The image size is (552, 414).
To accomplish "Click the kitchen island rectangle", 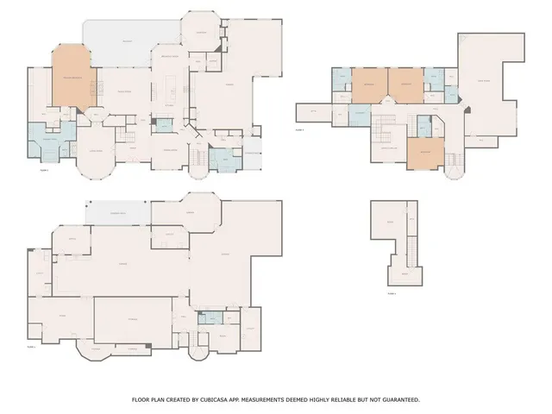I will pos(170,87).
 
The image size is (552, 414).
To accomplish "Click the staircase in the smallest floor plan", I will pos(411,252).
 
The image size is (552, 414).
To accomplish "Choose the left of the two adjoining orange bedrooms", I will pos(368,85).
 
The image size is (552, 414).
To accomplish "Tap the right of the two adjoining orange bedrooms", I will pos(405,85).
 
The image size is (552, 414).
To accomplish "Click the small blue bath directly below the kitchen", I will pos(166,126).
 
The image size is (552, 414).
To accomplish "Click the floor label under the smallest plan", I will pos(392,294).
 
